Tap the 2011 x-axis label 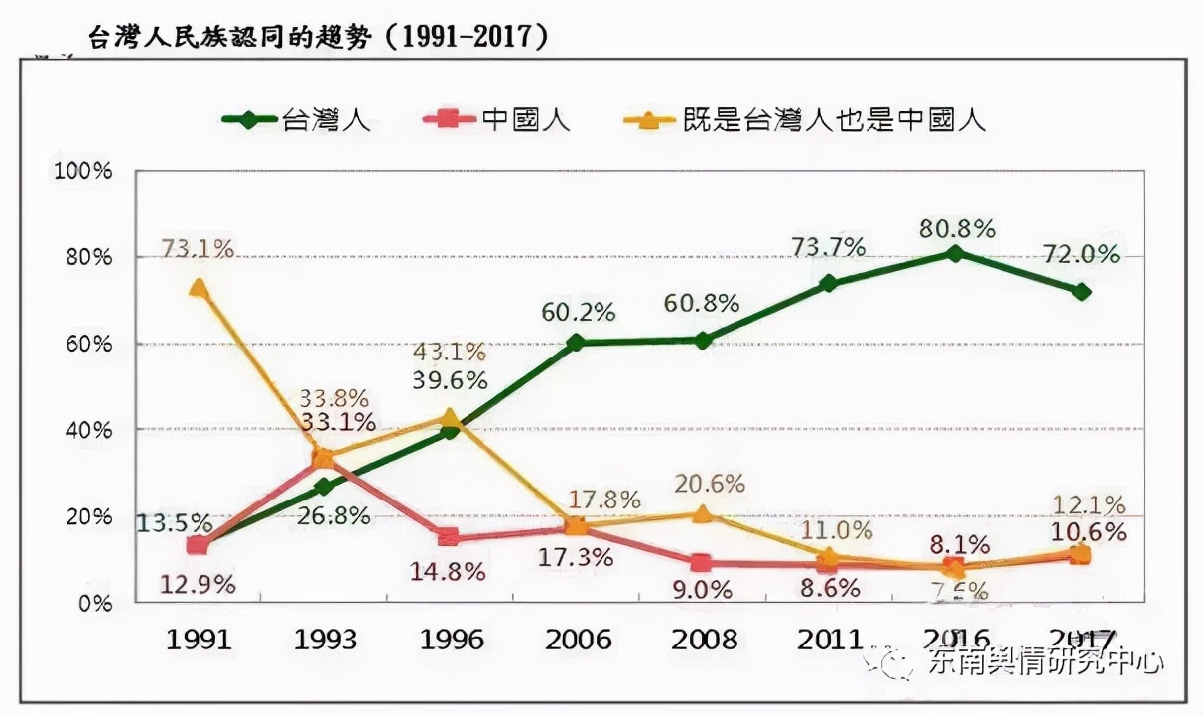[x=829, y=638]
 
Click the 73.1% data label [x=199, y=248]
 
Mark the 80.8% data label [x=957, y=228]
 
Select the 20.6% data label [x=709, y=484]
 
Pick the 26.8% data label [x=335, y=516]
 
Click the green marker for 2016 [x=954, y=253]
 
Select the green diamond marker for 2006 [x=576, y=343]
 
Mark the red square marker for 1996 [x=449, y=537]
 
